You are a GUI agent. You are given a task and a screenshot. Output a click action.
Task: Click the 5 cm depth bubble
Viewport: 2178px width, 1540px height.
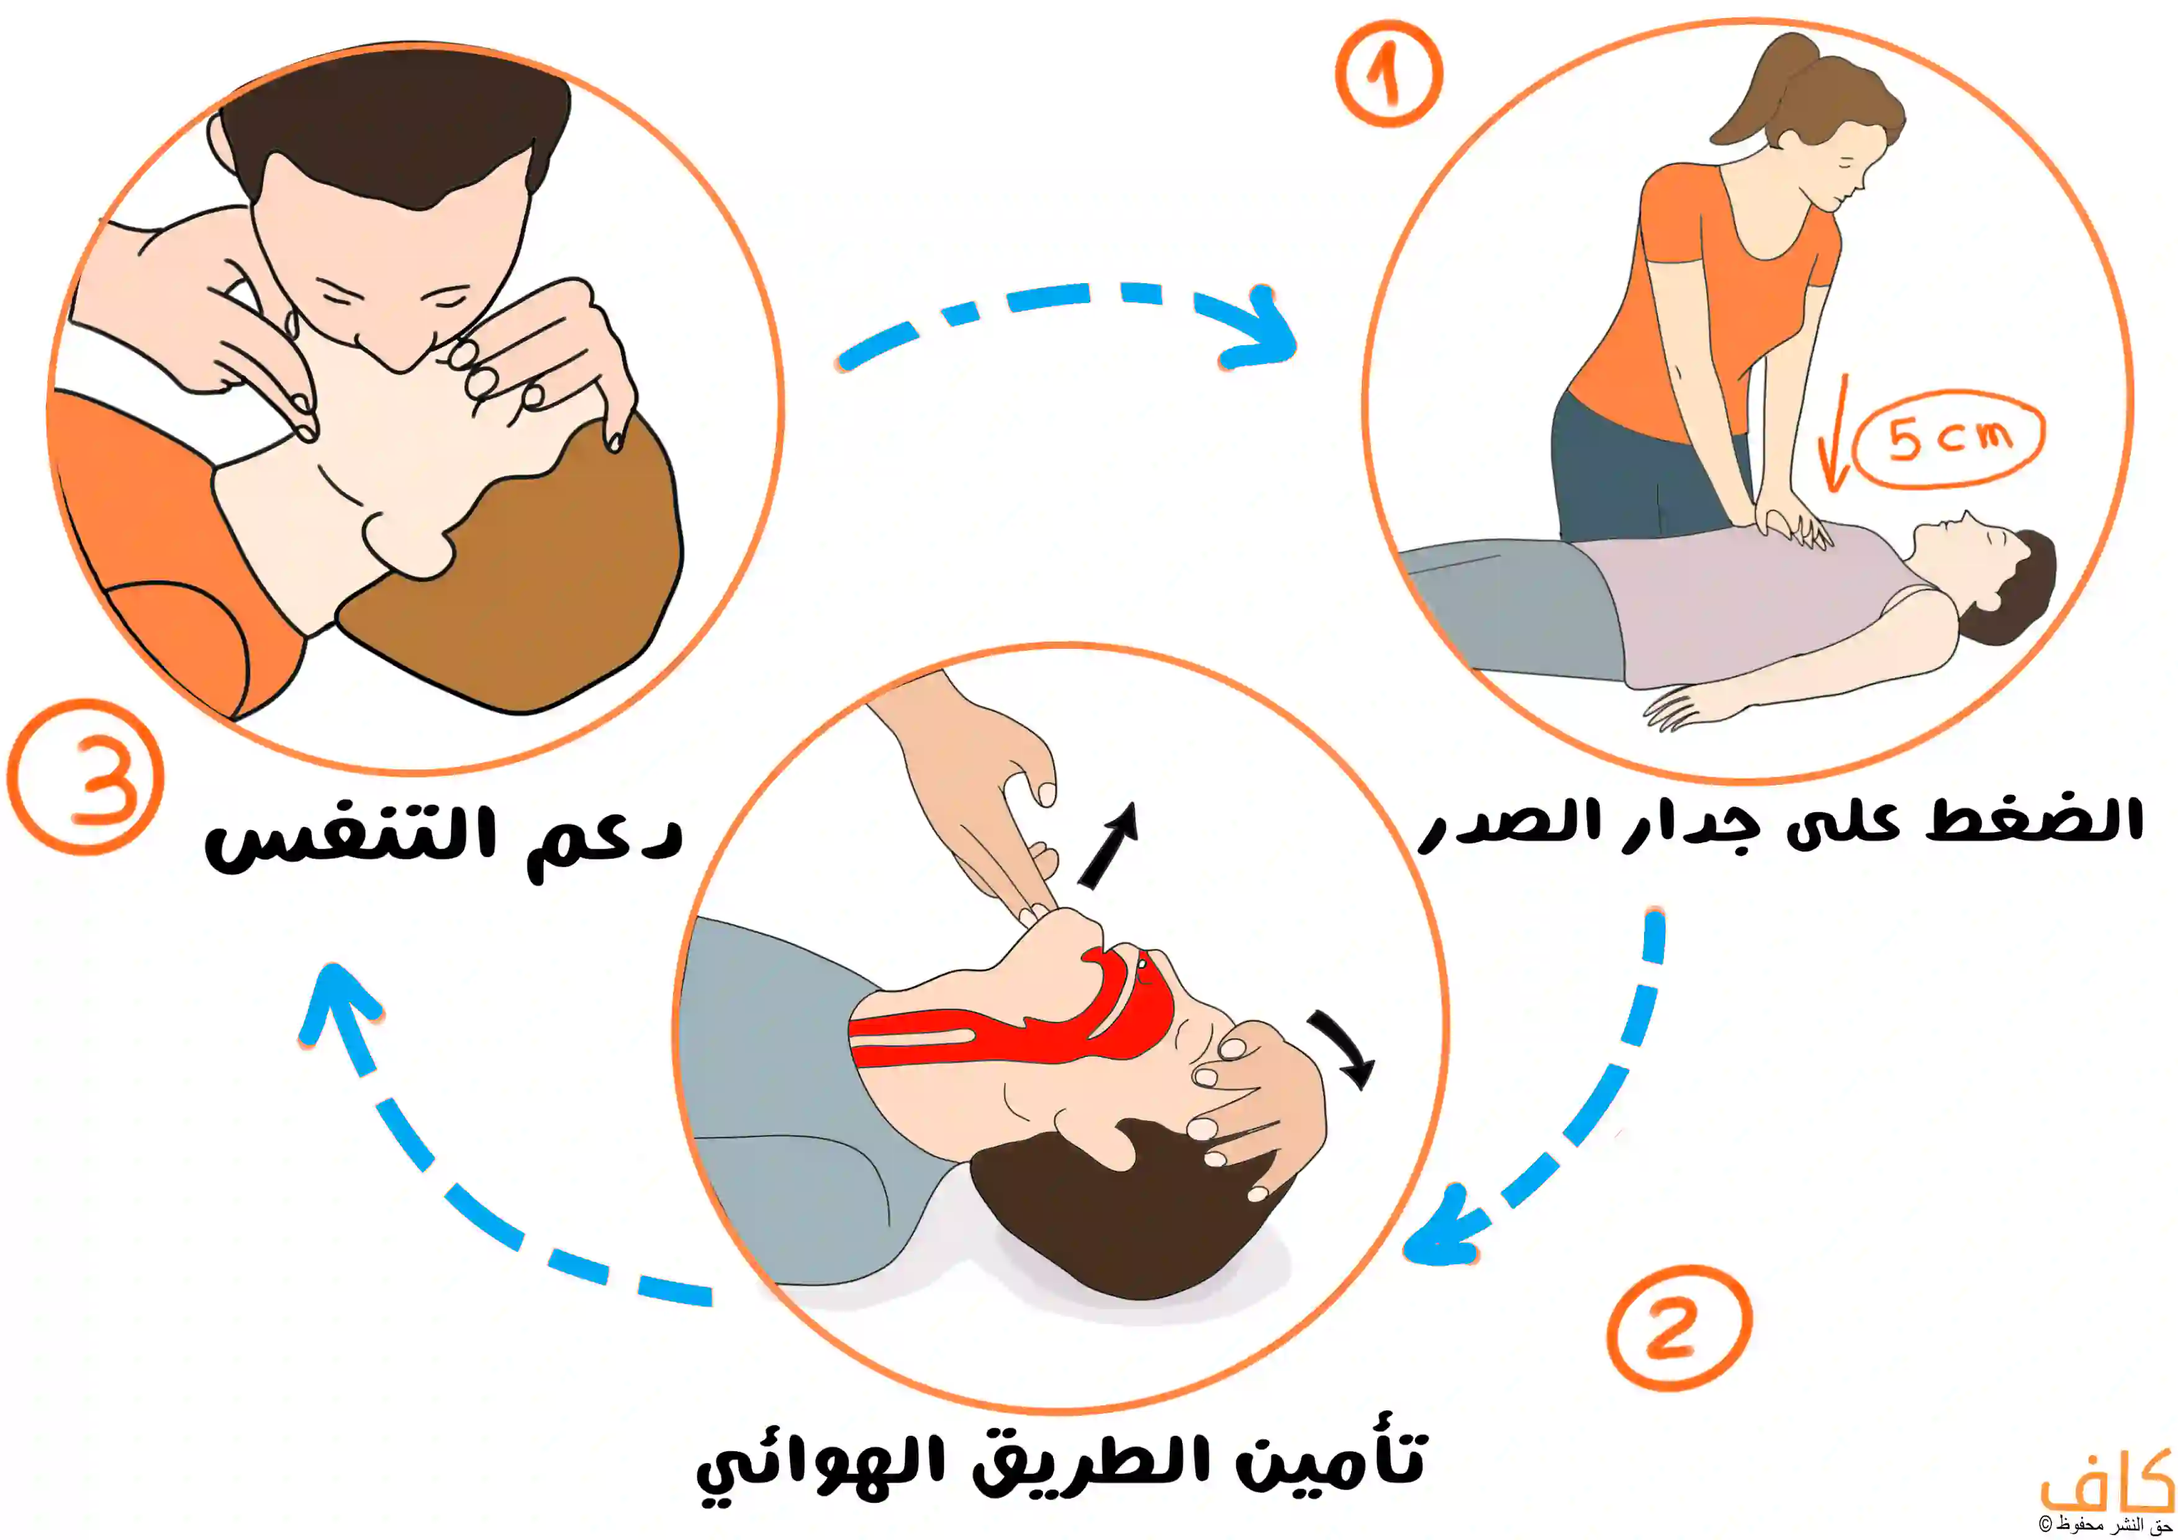coord(1948,439)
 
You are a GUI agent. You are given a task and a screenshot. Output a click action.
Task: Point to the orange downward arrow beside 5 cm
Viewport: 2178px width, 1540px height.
coord(1835,437)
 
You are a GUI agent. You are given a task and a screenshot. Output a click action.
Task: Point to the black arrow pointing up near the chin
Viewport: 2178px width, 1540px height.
coord(1108,845)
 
